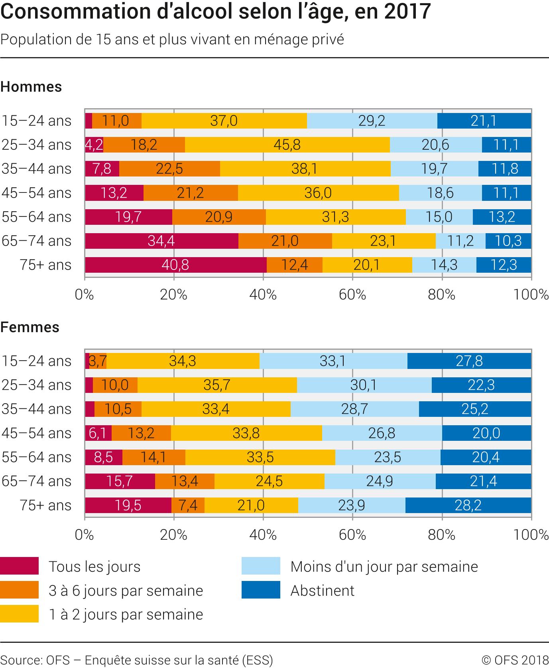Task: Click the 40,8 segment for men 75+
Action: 175,265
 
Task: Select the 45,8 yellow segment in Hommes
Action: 287,145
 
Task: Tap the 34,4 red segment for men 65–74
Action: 161,241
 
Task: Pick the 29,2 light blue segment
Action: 372,121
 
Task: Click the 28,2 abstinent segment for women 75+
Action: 468,505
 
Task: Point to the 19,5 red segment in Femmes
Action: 128,505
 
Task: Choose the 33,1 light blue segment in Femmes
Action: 333,361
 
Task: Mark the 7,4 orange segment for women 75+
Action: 188,505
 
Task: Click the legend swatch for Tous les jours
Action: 20,566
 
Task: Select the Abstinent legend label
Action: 322,591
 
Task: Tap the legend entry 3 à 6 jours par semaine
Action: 126,591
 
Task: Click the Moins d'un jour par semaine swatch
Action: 261,566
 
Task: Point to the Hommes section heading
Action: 31,87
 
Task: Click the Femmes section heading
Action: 30,327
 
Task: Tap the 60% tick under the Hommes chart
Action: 352,295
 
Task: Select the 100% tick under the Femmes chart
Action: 531,535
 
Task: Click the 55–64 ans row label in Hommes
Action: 37,217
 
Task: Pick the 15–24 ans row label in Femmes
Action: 37,361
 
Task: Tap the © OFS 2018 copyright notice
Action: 515,660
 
